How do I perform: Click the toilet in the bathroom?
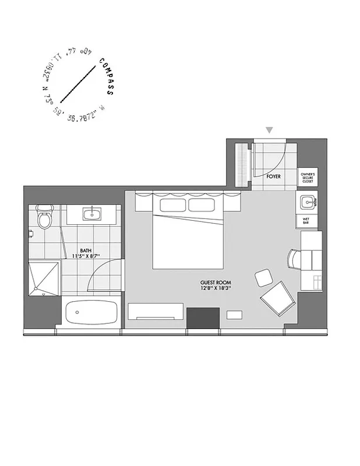[x=43, y=218]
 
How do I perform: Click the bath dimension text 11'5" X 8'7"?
[x=86, y=256]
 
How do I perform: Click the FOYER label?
[x=274, y=175]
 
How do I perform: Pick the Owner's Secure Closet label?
[x=308, y=178]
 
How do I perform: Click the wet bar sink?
[x=307, y=203]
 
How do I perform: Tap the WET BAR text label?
[x=306, y=221]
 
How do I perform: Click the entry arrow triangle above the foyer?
[x=269, y=130]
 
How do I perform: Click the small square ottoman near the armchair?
[x=263, y=277]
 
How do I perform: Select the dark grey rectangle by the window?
[x=203, y=318]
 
